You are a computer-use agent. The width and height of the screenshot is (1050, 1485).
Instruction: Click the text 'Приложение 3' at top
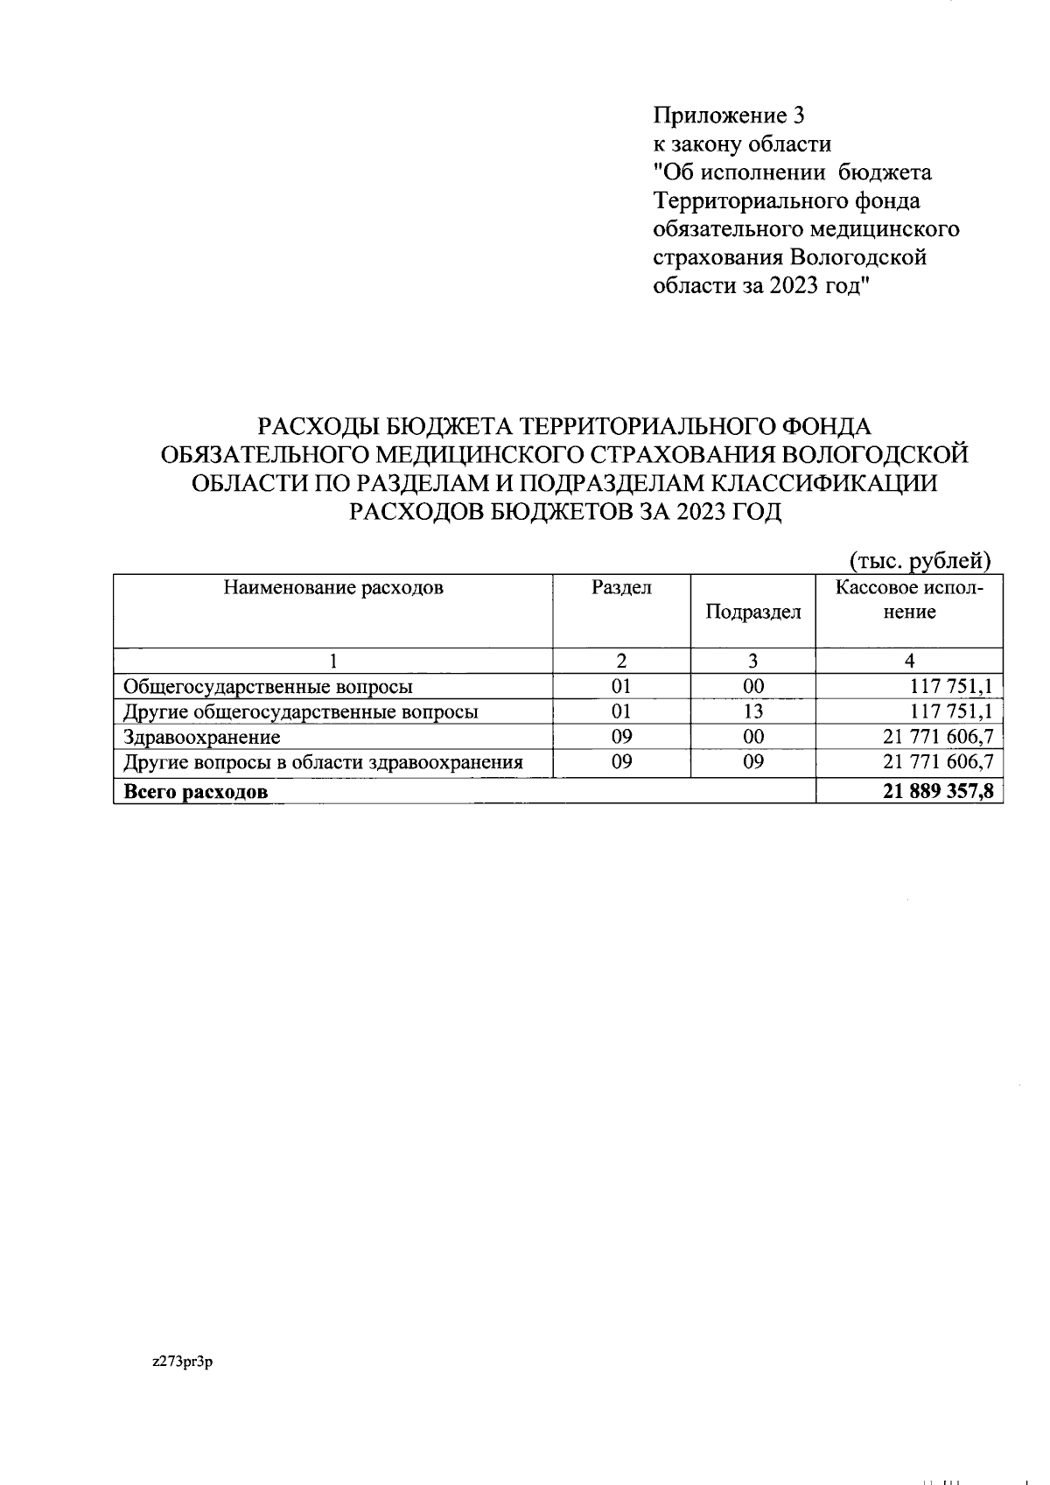[x=728, y=116]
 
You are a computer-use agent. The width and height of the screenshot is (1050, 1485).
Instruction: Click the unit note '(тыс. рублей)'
[x=920, y=560]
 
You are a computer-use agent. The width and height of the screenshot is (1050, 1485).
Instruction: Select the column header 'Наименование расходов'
[x=333, y=587]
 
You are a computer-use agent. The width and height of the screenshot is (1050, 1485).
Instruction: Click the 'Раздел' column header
[x=621, y=587]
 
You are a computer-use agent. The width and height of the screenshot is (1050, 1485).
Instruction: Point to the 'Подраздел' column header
[x=752, y=612]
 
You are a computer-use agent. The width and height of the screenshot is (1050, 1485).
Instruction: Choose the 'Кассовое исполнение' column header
[x=909, y=599]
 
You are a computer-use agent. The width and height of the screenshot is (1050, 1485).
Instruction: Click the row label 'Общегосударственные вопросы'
[x=268, y=686]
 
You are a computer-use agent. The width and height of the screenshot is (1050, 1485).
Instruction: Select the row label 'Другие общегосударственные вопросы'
[x=301, y=711]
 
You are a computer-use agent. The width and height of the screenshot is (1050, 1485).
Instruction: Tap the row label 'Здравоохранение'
[x=202, y=737]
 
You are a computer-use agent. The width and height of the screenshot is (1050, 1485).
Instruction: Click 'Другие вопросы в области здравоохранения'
[x=323, y=762]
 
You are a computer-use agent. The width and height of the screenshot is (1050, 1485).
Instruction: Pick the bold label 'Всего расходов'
[x=196, y=792]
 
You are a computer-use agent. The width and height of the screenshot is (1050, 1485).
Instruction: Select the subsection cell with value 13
[x=752, y=711]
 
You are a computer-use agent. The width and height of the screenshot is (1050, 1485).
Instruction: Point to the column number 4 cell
[x=909, y=661]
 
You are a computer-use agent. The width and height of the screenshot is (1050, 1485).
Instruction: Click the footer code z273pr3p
[x=183, y=1362]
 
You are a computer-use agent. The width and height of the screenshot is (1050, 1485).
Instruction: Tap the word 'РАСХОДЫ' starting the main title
[x=318, y=427]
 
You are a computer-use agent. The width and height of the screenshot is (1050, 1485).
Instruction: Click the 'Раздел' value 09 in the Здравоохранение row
[x=621, y=737]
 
